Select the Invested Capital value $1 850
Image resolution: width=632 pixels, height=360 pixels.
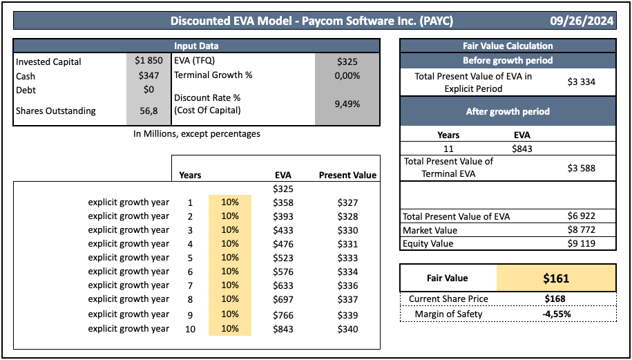(149, 61)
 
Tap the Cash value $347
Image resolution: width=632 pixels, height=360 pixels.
(149, 75)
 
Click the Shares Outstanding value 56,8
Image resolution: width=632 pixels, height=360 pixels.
(149, 111)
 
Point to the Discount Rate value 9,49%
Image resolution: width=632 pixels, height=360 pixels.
(347, 104)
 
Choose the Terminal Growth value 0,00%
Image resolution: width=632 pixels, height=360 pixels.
(347, 75)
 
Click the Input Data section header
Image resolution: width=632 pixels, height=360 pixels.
(196, 46)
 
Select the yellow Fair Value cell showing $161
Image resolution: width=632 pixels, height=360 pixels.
(555, 278)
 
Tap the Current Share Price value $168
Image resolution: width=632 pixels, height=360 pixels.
(555, 299)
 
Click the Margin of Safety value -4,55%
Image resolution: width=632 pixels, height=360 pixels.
(555, 314)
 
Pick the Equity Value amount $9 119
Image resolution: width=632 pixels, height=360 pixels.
(581, 243)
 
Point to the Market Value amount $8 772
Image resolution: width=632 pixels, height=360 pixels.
(581, 230)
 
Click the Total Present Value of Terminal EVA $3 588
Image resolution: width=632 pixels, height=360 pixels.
(581, 167)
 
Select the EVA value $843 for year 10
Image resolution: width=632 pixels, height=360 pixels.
(283, 328)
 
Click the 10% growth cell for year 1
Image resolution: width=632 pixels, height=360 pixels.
(229, 202)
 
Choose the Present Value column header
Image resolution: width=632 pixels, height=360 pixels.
(347, 175)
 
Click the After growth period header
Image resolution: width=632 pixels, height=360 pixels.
(508, 111)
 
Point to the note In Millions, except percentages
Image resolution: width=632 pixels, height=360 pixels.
(197, 133)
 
